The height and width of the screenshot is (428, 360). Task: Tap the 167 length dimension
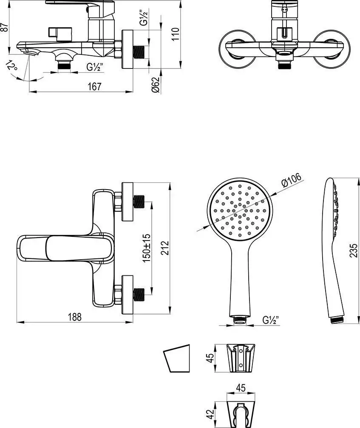pyautogui.click(x=95, y=86)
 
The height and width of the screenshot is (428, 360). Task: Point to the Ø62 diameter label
pyautogui.click(x=156, y=85)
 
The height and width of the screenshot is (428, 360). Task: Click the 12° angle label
pyautogui.click(x=12, y=66)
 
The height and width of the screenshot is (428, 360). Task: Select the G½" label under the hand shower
pyautogui.click(x=270, y=320)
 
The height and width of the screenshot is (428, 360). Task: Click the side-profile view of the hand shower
pyautogui.click(x=336, y=251)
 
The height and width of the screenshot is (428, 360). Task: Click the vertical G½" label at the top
pyautogui.click(x=146, y=18)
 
